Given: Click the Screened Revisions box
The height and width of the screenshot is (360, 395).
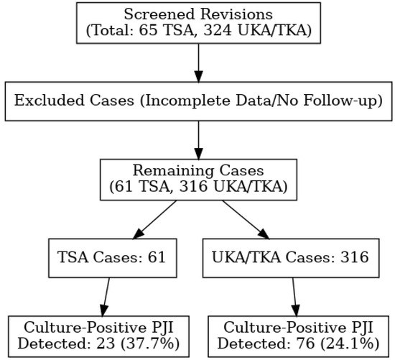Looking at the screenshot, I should click(197, 23).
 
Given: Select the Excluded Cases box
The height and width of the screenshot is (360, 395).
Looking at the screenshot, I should click(197, 101).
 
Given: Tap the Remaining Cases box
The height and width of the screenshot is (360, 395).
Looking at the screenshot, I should click(197, 179).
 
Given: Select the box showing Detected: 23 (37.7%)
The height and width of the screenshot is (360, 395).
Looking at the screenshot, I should click(100, 336).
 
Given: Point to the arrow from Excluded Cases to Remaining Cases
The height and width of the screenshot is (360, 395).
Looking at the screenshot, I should click(197, 140).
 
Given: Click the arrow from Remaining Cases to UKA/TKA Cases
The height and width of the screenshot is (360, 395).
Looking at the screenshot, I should click(244, 218).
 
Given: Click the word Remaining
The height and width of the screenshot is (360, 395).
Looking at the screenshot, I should click(164, 171).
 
